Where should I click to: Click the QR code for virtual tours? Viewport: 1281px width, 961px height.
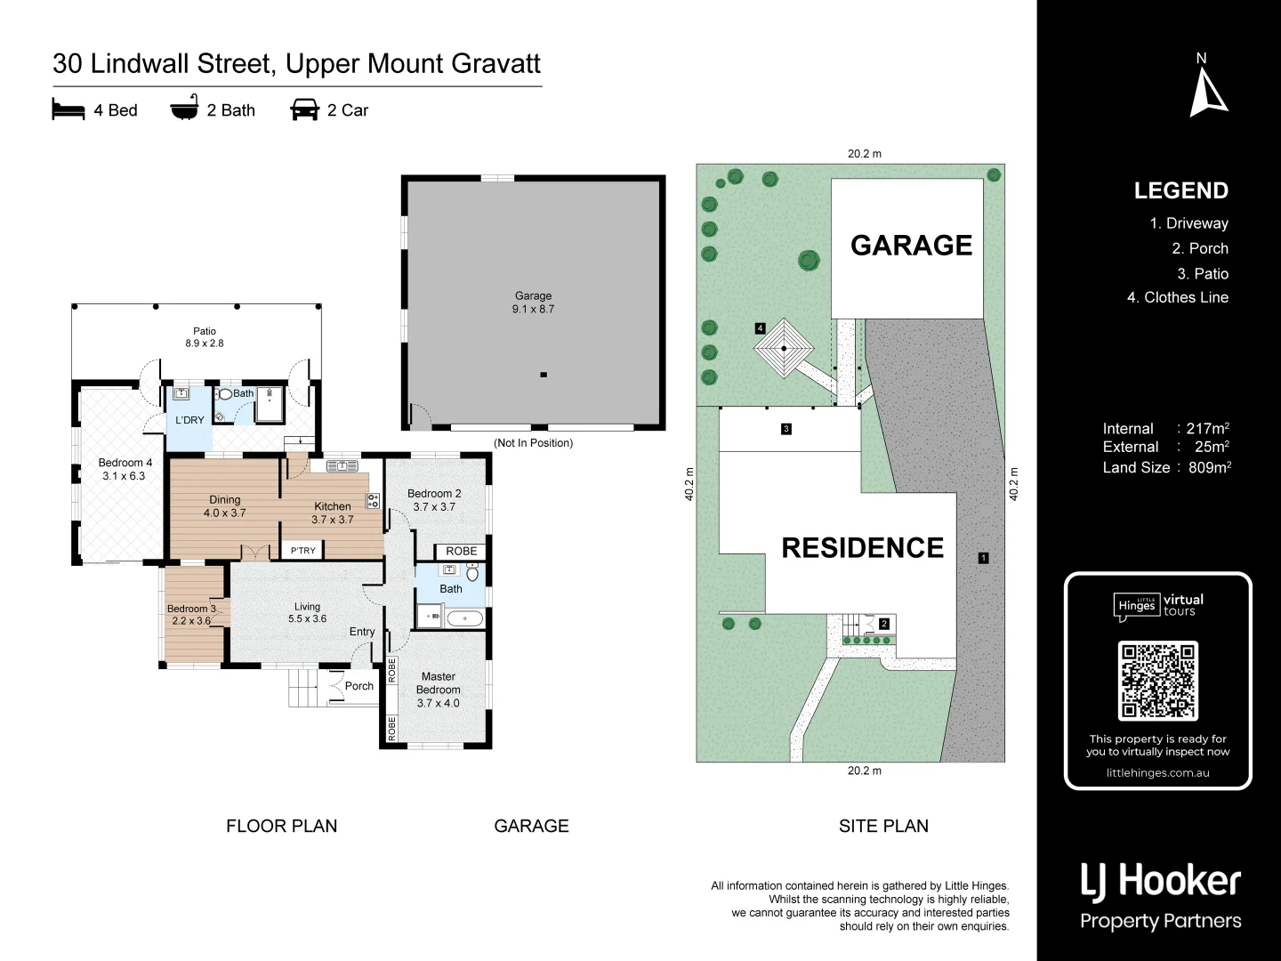1157,681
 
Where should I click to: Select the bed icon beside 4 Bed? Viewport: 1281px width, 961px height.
68,109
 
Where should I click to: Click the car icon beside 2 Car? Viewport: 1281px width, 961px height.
304,109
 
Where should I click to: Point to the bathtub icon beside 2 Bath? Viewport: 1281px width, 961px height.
184,108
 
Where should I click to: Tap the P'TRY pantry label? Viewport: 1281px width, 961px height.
302,551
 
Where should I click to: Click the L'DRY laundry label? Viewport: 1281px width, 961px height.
189,420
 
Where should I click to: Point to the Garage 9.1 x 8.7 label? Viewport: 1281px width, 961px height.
533,303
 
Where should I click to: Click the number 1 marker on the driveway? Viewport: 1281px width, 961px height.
983,558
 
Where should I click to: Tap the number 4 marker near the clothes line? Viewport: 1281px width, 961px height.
760,328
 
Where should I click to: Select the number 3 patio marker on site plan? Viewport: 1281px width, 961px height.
786,429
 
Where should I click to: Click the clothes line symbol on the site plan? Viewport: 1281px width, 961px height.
784,349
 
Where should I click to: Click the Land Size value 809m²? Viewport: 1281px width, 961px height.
1209,467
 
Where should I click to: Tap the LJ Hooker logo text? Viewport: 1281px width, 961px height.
1160,881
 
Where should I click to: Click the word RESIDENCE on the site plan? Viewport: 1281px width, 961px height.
862,547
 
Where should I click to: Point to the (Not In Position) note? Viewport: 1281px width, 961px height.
533,443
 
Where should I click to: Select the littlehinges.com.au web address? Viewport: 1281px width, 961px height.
1157,772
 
